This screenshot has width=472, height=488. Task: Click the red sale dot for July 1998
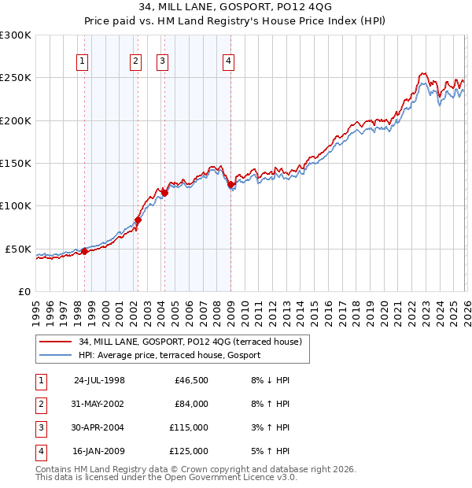(x=84, y=252)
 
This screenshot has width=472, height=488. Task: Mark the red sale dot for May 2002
(x=138, y=220)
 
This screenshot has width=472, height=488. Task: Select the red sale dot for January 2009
(x=230, y=185)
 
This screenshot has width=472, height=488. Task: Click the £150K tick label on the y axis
(x=16, y=164)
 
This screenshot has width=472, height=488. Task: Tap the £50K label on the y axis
(x=18, y=249)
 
